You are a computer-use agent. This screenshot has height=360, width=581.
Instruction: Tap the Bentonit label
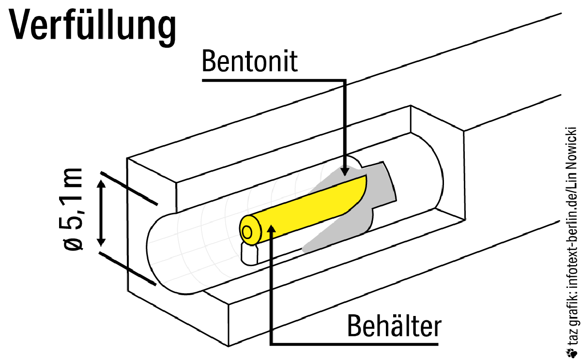tap(250, 61)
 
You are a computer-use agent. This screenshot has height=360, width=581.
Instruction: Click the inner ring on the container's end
tap(248, 232)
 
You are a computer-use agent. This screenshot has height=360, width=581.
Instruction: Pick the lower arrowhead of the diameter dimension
tap(101, 240)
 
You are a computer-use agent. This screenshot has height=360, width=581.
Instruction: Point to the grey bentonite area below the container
tap(334, 232)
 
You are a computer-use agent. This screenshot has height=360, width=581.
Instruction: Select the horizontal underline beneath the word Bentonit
tap(271, 79)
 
